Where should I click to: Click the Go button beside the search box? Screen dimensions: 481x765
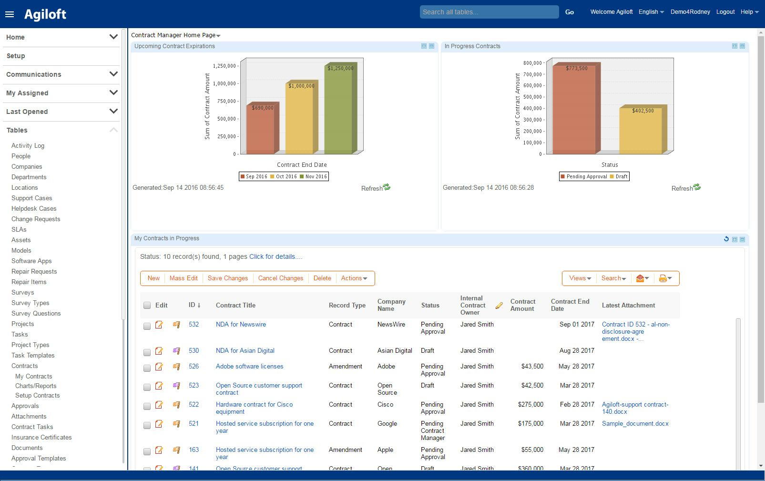click(x=569, y=12)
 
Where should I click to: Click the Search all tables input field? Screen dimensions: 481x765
click(x=489, y=12)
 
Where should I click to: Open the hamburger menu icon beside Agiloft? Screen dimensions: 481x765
click(x=10, y=14)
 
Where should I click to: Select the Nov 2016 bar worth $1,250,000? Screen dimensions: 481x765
click(x=340, y=110)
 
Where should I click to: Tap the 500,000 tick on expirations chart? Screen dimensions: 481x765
click(x=226, y=119)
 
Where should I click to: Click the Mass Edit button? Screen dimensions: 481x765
click(x=184, y=278)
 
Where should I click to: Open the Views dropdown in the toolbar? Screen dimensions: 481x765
click(x=580, y=278)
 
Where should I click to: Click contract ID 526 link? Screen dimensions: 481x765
click(x=194, y=367)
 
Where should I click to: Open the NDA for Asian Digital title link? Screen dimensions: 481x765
click(x=245, y=351)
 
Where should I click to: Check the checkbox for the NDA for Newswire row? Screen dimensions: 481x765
click(x=147, y=326)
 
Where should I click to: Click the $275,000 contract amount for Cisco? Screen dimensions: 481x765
click(x=530, y=405)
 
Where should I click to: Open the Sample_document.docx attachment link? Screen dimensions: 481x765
click(x=635, y=424)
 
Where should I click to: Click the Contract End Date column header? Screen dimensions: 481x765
click(x=570, y=305)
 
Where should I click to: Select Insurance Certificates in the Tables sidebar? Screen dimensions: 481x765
click(x=41, y=438)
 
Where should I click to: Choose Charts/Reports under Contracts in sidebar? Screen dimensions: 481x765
click(x=36, y=386)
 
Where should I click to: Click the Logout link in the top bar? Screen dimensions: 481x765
click(x=725, y=12)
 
